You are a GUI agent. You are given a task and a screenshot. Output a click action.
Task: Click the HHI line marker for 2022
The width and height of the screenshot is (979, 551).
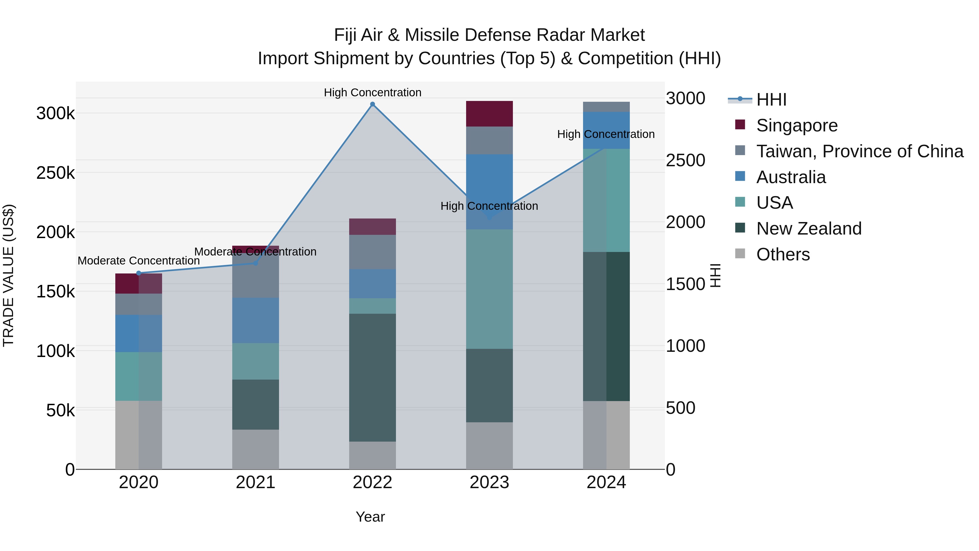(373, 104)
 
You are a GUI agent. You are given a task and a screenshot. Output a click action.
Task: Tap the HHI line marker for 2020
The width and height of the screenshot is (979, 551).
(139, 273)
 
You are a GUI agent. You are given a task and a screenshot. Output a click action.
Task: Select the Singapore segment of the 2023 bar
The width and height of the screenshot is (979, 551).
(489, 114)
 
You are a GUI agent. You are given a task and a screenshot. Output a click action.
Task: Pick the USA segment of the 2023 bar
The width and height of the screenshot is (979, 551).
(489, 289)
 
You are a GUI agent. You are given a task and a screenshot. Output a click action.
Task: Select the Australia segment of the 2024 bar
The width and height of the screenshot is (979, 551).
(606, 130)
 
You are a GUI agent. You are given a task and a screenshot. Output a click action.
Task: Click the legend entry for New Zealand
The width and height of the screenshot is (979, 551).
(808, 229)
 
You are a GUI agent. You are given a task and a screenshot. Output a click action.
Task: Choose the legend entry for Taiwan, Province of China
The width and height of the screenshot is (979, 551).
(859, 151)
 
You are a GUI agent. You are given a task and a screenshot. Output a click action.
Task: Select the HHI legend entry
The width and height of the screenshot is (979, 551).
(771, 100)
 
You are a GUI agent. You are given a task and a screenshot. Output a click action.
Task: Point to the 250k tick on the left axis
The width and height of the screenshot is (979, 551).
(55, 173)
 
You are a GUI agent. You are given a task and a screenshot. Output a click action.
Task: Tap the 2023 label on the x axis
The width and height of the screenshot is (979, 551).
(489, 482)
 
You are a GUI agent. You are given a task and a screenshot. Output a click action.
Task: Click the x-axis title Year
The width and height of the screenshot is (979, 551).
(370, 517)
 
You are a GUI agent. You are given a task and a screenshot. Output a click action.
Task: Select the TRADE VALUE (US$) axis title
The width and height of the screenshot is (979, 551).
(8, 275)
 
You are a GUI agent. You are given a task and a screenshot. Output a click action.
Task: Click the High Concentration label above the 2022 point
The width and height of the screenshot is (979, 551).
(373, 93)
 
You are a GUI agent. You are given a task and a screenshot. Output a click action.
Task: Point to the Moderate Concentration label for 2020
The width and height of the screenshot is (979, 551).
(139, 261)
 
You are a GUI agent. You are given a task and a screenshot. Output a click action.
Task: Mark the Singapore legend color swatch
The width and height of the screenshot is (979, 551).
(740, 124)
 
